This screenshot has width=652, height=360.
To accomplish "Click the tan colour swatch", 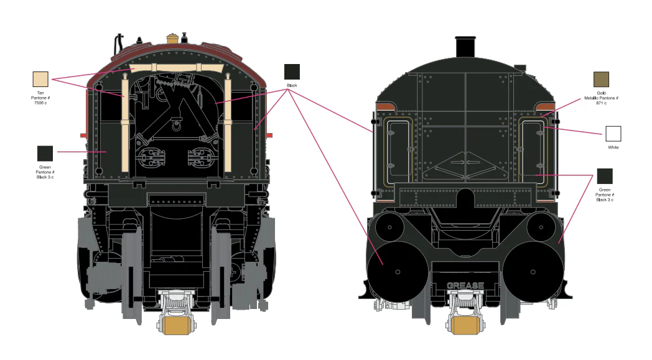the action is [40, 79].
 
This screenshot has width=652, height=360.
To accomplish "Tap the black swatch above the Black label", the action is [292, 72].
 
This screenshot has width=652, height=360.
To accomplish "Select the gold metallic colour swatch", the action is [601, 79].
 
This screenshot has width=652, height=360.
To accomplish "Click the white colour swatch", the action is [613, 134].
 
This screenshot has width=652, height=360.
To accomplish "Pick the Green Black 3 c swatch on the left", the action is [45, 154].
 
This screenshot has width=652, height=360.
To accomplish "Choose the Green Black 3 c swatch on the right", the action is [605, 176].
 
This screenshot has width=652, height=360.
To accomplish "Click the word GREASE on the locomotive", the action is [465, 285].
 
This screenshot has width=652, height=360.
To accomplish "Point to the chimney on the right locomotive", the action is [465, 47].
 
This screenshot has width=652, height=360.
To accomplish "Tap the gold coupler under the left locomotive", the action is [176, 326].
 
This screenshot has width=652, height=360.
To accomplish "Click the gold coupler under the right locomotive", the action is [465, 326].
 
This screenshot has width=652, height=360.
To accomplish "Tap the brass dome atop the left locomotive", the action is [172, 39].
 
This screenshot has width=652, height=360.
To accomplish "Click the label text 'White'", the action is [613, 147].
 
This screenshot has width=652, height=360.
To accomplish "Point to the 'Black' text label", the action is [292, 85].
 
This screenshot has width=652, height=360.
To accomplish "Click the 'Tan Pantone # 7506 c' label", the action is [40, 98].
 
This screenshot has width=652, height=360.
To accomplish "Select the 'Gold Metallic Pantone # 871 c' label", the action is [601, 98].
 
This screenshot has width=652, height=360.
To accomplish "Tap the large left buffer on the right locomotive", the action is [398, 272].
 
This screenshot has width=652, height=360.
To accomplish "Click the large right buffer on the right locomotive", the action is [534, 272].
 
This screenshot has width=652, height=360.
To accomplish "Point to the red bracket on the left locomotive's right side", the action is [269, 136].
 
